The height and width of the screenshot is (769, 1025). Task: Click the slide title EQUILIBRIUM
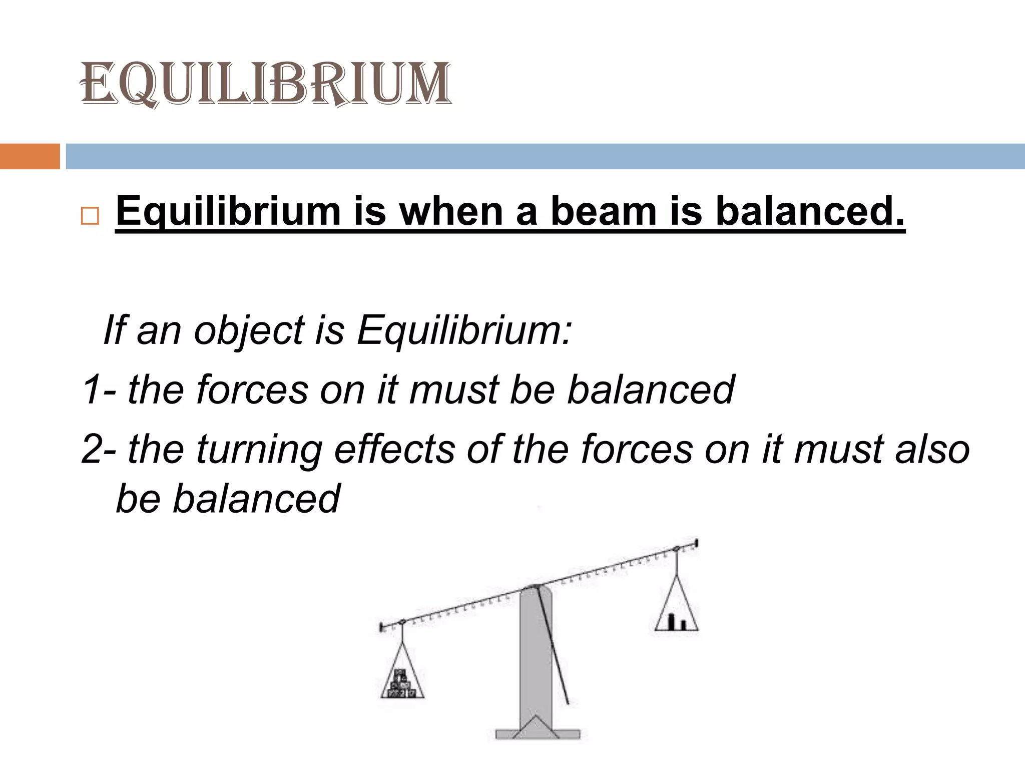tap(266, 84)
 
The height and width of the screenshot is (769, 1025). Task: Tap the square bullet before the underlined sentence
tap(90, 217)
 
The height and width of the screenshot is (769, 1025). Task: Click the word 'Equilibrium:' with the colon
tap(464, 331)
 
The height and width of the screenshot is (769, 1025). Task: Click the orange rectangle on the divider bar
tap(30, 156)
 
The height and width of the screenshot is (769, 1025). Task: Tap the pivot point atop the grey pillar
tap(535, 587)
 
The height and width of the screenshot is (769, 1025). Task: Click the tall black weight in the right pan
tap(673, 621)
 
